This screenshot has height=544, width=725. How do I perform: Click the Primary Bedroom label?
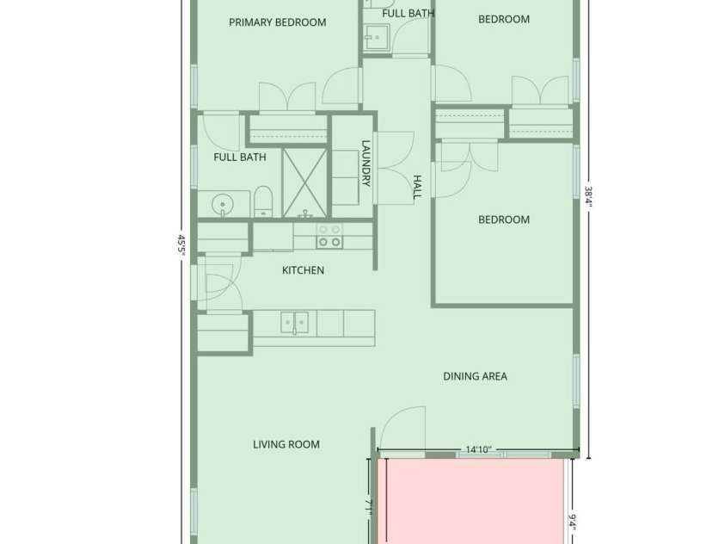click(277, 22)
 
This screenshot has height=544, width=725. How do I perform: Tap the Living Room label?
click(286, 445)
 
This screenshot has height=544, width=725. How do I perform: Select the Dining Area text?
click(475, 376)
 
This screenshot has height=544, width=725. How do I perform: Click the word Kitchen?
click(303, 270)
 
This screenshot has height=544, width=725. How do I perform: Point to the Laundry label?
click(366, 163)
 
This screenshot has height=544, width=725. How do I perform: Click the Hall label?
click(416, 187)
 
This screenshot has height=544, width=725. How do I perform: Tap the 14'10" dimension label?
click(478, 449)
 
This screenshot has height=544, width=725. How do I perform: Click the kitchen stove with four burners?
click(329, 236)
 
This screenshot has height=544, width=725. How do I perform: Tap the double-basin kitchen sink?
click(294, 323)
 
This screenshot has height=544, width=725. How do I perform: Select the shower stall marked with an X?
click(304, 182)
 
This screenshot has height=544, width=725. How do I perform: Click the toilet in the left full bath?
click(263, 201)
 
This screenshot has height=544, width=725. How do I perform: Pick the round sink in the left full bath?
click(224, 206)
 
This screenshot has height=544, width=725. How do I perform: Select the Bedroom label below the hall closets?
click(503, 219)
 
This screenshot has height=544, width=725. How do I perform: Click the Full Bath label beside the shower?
click(239, 158)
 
